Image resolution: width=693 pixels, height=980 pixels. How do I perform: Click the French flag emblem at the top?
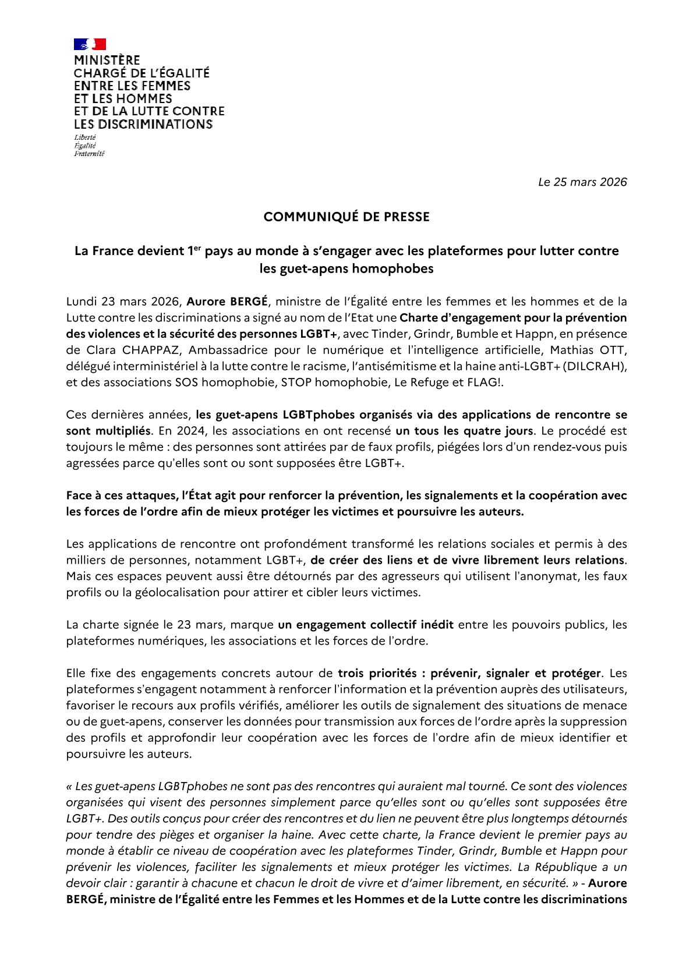pyautogui.click(x=90, y=44)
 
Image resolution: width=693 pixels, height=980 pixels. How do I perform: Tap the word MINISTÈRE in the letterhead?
pyautogui.click(x=107, y=61)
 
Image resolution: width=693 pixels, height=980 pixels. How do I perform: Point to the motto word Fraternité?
pyautogui.click(x=89, y=154)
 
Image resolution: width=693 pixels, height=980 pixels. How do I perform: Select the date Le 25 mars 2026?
pyautogui.click(x=582, y=182)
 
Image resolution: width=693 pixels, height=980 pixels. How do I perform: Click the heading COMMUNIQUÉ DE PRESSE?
pyautogui.click(x=346, y=217)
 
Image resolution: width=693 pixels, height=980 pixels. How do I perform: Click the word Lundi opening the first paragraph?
pyautogui.click(x=82, y=302)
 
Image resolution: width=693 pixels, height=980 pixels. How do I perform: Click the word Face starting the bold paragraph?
pyautogui.click(x=79, y=496)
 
